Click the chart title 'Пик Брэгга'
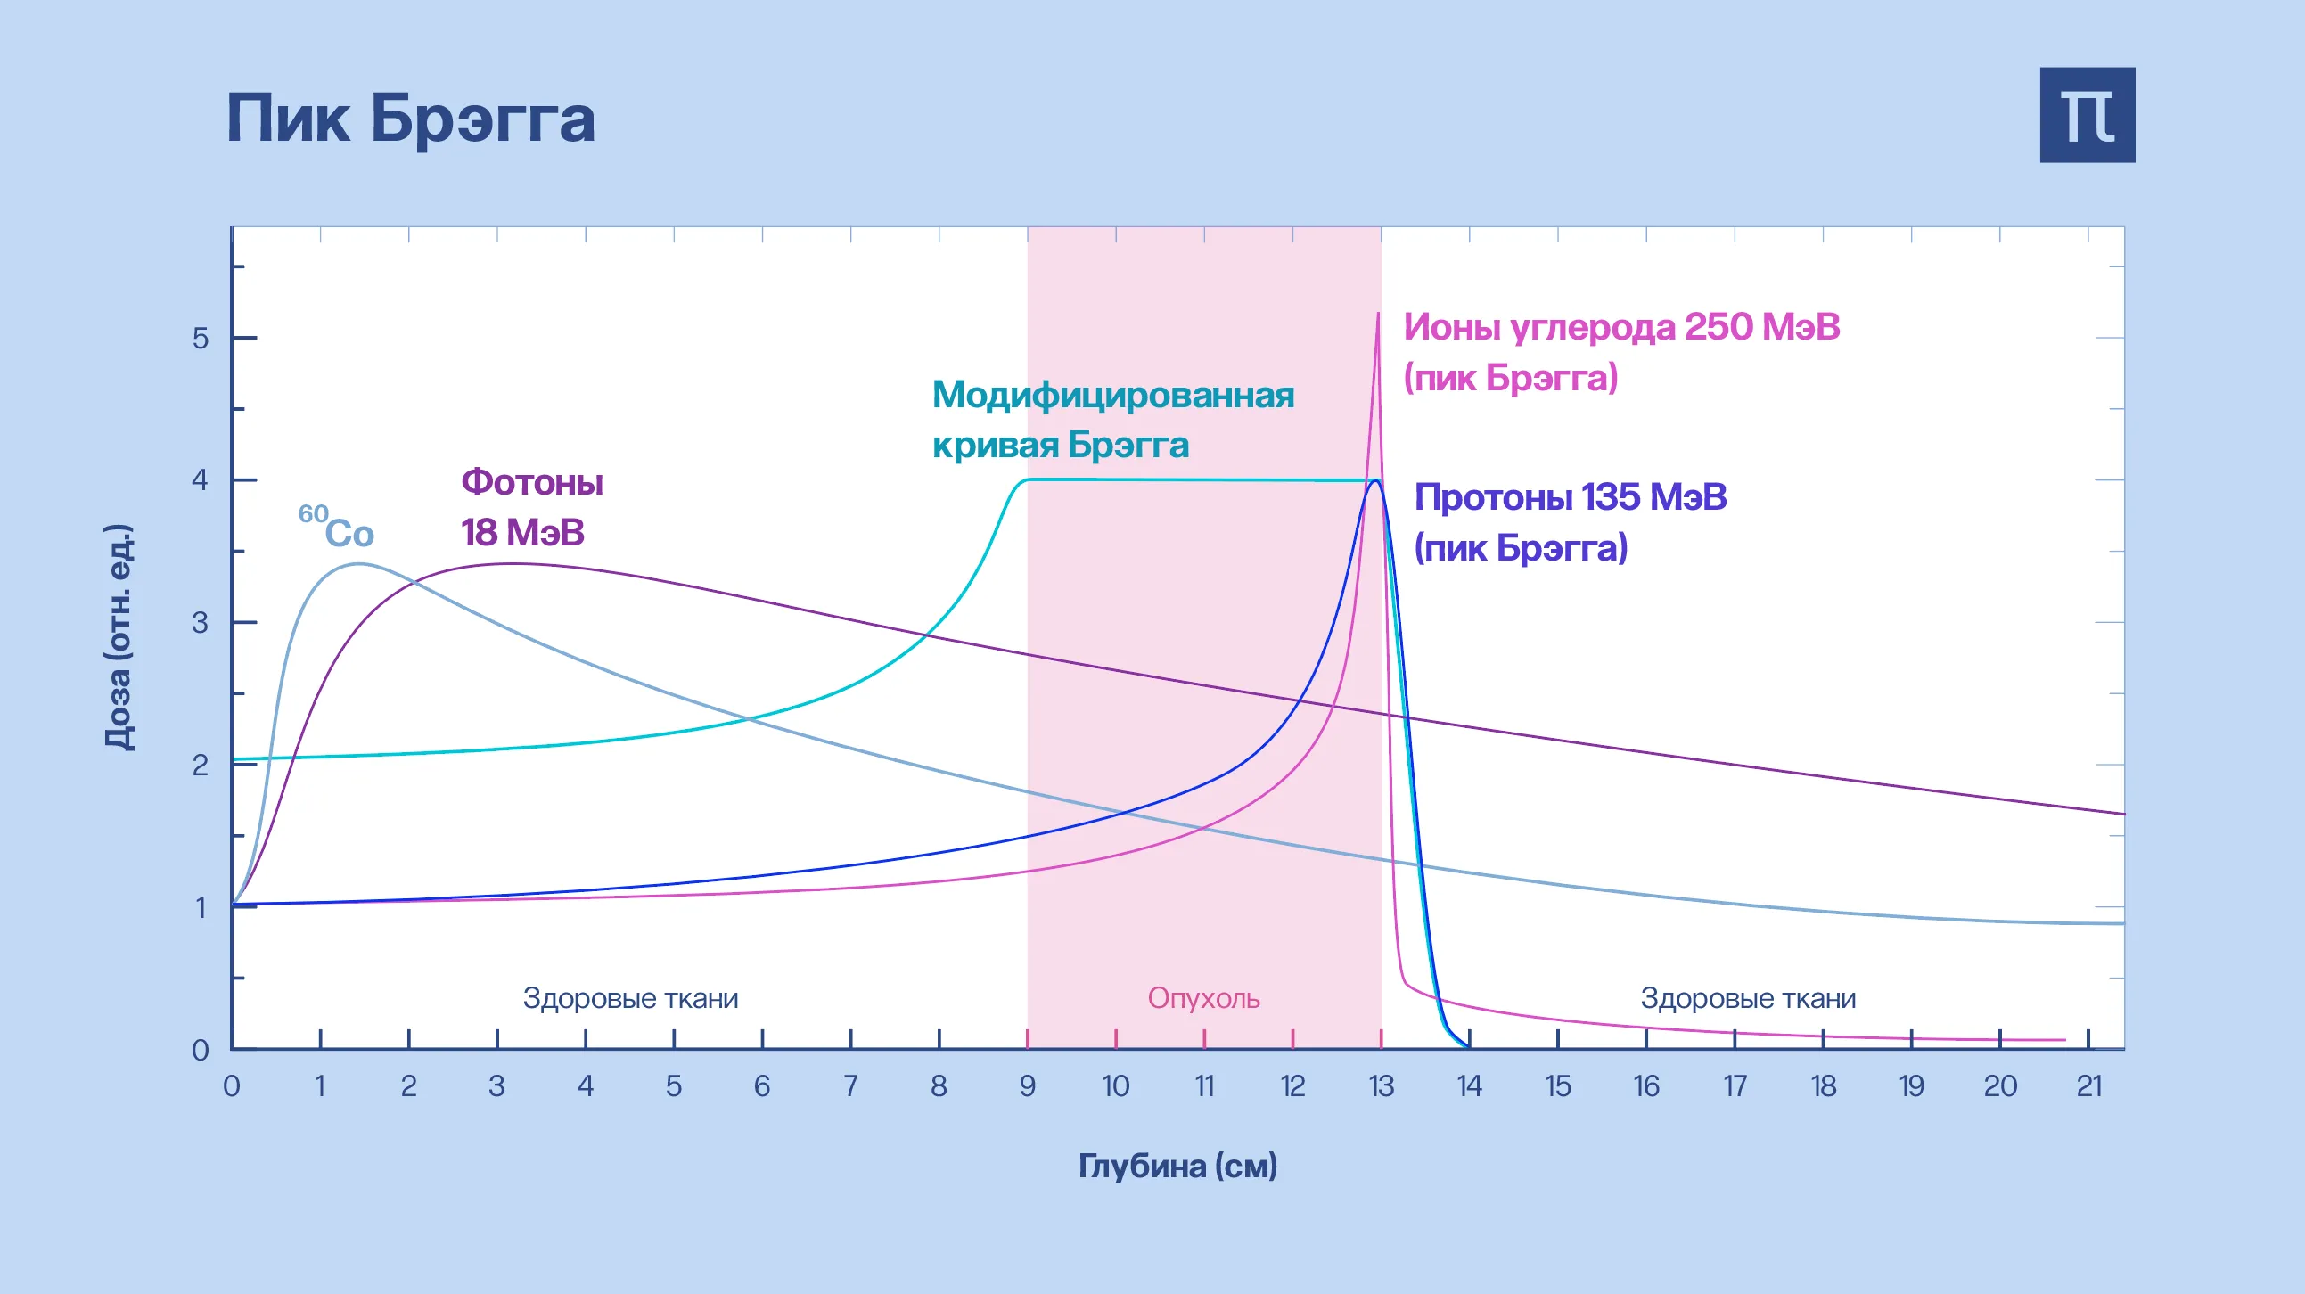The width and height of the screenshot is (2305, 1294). [411, 119]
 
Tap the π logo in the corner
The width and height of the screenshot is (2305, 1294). [2087, 116]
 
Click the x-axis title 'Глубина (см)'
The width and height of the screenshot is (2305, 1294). [1177, 1166]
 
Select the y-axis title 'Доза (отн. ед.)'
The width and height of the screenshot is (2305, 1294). [119, 637]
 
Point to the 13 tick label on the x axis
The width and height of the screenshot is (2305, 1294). [1381, 1086]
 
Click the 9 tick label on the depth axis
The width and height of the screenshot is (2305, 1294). [1027, 1086]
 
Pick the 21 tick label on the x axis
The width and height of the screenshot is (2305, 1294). [2088, 1086]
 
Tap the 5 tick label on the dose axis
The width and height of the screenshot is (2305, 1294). [201, 339]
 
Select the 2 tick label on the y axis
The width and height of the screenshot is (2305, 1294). [201, 766]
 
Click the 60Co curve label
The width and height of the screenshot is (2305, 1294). [337, 528]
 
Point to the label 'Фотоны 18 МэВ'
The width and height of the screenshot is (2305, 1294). [531, 507]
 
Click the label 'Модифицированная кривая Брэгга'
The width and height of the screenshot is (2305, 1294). [1112, 419]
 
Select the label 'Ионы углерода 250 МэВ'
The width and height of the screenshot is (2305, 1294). [1620, 328]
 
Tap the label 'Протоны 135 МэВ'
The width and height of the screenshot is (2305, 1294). [1570, 497]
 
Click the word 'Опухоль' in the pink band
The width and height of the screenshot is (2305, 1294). [1203, 998]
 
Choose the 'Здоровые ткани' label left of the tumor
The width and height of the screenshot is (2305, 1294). [631, 998]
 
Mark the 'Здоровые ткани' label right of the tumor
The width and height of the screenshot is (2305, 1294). [1748, 998]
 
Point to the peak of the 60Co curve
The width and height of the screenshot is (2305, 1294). [359, 564]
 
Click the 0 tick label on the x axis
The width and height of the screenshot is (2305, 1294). [232, 1086]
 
